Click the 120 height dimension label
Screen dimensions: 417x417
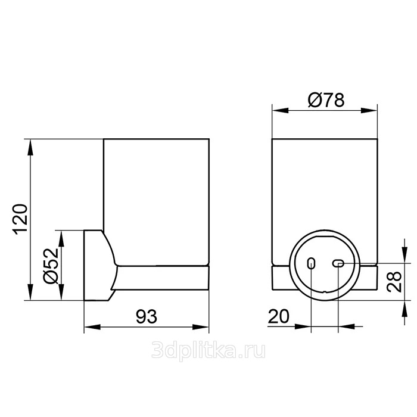(20, 219)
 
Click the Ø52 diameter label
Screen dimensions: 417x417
(50, 266)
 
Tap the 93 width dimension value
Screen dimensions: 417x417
(147, 316)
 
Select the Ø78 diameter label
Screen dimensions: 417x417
(326, 100)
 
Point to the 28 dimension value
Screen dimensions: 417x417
(394, 282)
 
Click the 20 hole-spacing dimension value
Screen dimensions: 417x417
(278, 316)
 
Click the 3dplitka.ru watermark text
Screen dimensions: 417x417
(208, 351)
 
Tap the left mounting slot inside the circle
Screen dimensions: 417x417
(311, 263)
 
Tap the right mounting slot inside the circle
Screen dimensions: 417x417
(338, 263)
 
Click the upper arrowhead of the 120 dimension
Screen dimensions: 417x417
(31, 147)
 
